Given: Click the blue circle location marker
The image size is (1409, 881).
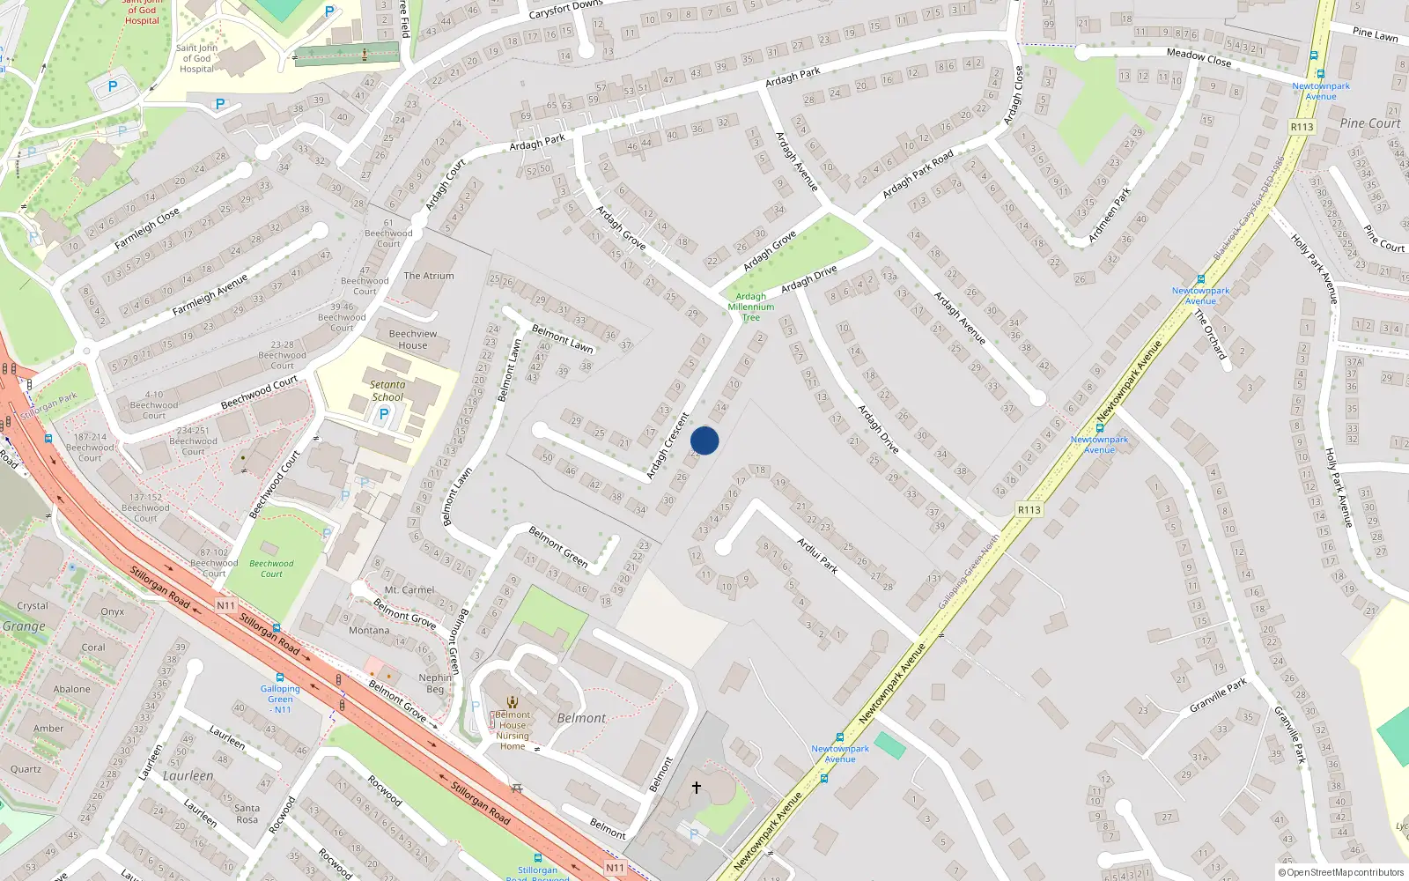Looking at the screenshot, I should coord(704,440).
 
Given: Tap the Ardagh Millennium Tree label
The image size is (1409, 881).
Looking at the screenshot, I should coord(751,307).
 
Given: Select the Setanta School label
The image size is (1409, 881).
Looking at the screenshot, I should coord(387,390).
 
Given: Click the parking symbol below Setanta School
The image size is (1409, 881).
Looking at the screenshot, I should coord(383,414).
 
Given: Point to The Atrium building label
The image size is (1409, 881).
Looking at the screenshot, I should coord(429,276).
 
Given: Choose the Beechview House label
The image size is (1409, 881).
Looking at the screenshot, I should coord(412,339).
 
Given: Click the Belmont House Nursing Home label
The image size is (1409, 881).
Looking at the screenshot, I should coord(513,730).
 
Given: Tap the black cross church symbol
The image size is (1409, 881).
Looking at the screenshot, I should coord(697,787).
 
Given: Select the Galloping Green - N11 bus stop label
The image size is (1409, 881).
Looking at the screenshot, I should coord(281,699).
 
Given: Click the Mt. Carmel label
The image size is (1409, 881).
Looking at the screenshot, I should coord(409,590).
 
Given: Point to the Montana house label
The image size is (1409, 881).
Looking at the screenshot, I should coord(369,630).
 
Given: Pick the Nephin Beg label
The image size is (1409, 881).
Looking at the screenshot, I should coord(435,683).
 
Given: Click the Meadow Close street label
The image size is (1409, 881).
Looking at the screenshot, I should coord(1199,57).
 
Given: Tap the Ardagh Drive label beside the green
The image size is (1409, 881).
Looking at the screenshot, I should coord(808,278).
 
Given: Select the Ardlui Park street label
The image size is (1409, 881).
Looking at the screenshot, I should coord(817,555).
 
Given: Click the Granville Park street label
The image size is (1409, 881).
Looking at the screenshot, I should coord(1218,695).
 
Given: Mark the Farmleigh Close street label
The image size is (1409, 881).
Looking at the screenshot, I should coord(147,227).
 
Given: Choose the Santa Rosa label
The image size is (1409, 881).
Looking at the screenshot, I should coord(247,813).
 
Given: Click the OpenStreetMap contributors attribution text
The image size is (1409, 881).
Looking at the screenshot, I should coord(1340,872).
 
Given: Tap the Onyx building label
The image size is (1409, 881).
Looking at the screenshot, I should coord(112,611).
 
